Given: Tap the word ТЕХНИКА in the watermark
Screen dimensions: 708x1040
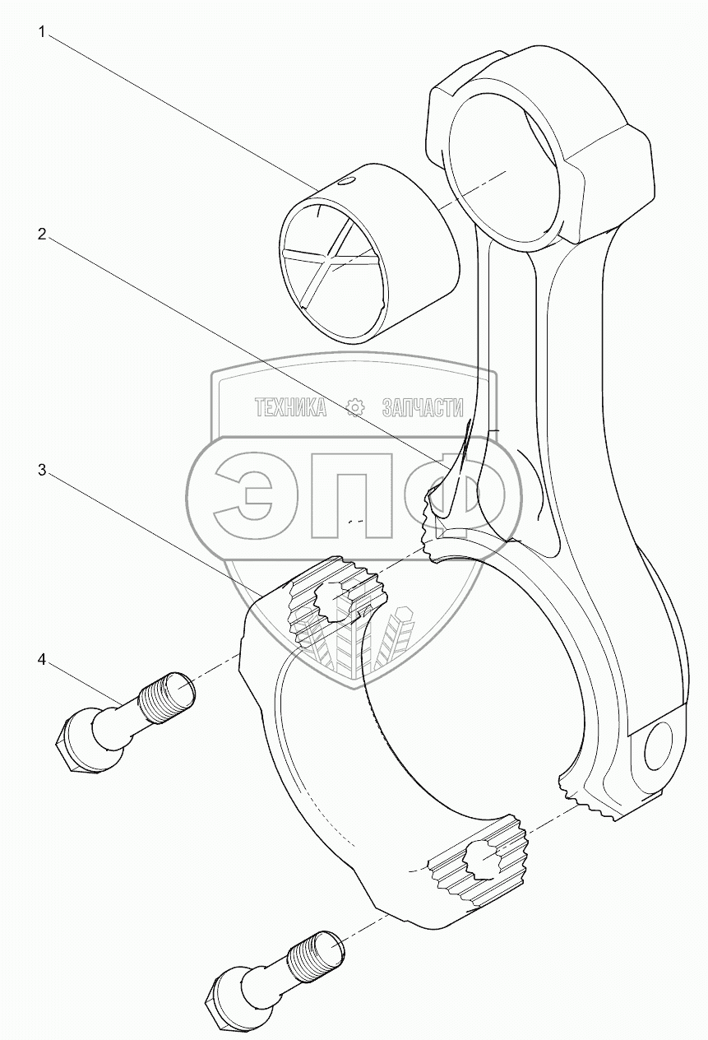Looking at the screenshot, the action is point(290,407).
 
